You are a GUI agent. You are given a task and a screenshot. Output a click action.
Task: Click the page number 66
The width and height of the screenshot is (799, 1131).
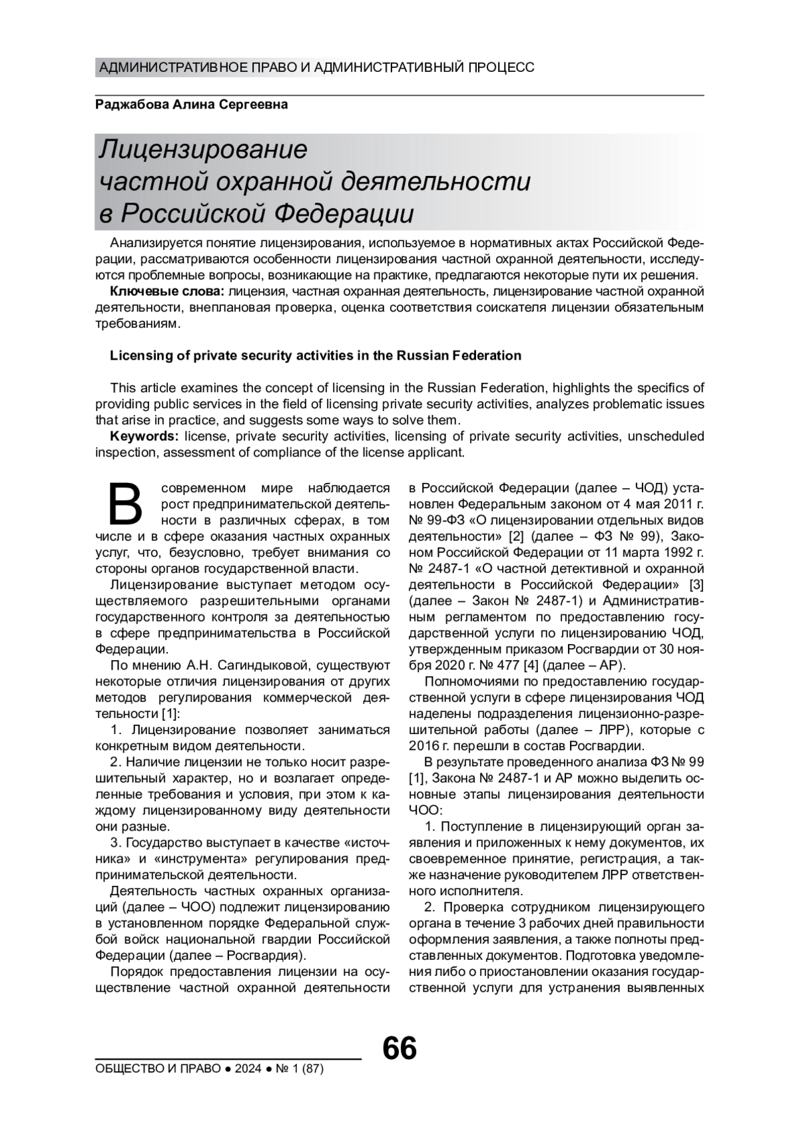click(400, 1048)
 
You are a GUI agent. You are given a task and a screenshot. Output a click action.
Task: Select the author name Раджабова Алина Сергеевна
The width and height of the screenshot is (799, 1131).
click(192, 105)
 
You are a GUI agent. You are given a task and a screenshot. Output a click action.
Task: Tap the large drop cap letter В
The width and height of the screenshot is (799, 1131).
click(125, 504)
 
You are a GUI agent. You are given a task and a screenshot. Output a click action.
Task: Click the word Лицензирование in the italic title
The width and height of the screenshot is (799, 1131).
click(204, 149)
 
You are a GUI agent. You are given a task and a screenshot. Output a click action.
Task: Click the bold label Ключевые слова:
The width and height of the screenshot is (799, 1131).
click(167, 291)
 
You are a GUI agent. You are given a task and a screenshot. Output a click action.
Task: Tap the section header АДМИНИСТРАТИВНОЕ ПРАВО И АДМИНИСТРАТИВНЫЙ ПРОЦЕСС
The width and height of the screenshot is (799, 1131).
click(316, 67)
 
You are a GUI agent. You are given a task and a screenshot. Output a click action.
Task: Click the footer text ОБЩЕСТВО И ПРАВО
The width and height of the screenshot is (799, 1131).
click(158, 1069)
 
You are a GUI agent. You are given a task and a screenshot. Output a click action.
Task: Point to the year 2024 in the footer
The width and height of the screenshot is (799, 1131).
click(248, 1069)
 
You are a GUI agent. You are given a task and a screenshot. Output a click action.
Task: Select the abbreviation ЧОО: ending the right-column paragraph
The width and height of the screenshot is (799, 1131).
click(425, 810)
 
